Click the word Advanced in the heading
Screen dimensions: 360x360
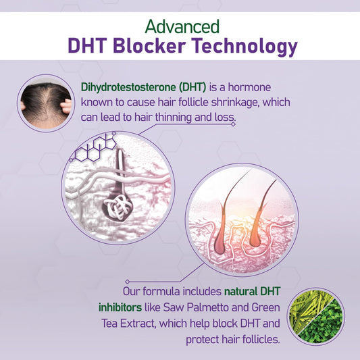tap(182, 26)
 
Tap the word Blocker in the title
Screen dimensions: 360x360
tap(149, 45)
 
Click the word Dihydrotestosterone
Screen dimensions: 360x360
tap(128, 87)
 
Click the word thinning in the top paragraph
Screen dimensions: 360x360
tap(174, 118)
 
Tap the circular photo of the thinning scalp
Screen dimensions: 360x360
tap(46, 103)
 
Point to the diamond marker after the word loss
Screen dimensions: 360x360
tap(233, 124)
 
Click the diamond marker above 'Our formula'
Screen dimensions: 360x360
tap(128, 282)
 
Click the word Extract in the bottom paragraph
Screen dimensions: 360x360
tap(138, 324)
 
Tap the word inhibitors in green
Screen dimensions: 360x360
tap(120, 307)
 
